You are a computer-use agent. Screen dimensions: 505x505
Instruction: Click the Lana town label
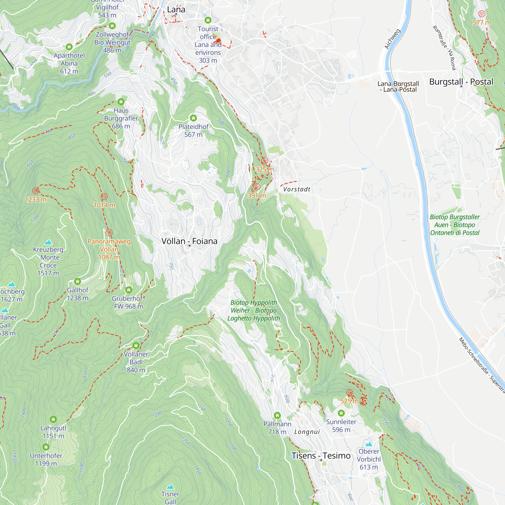pos(176,10)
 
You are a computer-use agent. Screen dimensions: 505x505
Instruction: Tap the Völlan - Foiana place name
pos(189,241)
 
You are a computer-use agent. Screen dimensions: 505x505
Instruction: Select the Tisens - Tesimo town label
pos(321,456)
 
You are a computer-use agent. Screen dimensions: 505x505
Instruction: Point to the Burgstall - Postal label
pos(461,82)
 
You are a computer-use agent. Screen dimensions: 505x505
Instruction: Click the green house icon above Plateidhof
pos(193,118)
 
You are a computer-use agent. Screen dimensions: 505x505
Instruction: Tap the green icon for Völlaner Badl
pos(136,346)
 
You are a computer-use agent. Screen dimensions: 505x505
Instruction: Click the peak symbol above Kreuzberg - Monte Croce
pos(48,242)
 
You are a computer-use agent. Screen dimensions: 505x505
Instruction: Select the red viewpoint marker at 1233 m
pos(36,191)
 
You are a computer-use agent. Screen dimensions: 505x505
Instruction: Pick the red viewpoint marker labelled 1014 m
pos(104,196)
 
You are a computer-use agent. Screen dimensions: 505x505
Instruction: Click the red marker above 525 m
pos(349,393)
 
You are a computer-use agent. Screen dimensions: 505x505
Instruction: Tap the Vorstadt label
pos(297,189)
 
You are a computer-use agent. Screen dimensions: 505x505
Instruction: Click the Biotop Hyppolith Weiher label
pos(254,310)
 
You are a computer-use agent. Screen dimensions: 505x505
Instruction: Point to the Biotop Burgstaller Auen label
pos(455,225)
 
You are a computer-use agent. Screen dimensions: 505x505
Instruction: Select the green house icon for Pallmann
pos(277,415)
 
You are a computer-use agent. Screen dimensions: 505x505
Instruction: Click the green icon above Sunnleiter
pos(341,413)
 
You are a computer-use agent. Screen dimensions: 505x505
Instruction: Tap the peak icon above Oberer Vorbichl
pos(369,444)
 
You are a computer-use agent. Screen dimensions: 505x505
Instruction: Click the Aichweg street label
pos(392,39)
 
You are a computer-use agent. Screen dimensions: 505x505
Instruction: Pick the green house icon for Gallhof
pos(77,282)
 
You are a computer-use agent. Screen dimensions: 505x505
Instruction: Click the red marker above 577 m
pos(482,14)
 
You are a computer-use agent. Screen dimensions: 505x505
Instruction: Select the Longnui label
pos(307,432)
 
